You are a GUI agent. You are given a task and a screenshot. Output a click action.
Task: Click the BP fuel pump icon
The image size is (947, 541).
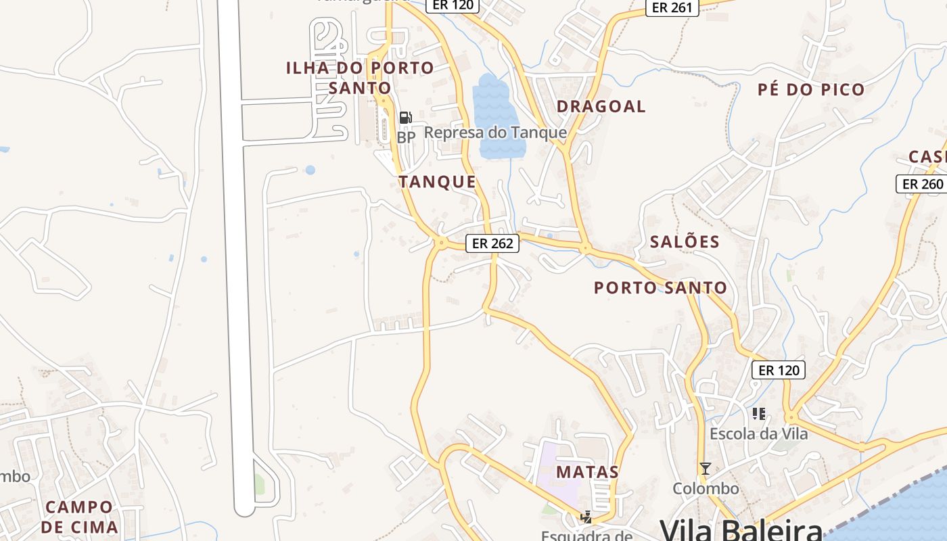tap(405, 118)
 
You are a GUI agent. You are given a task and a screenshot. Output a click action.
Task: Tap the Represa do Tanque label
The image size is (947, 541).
tap(495, 133)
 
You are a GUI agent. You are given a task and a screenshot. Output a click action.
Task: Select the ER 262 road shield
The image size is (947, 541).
tap(492, 243)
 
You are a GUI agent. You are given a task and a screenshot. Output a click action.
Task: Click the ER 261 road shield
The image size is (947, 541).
tap(672, 7)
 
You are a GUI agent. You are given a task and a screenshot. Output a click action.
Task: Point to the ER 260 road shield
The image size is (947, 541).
tap(922, 184)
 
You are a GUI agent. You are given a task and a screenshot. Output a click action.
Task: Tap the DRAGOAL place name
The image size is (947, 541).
tap(601, 106)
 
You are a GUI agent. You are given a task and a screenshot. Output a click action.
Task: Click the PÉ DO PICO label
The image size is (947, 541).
tap(811, 89)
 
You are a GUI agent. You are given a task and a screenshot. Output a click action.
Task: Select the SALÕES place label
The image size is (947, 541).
tap(685, 241)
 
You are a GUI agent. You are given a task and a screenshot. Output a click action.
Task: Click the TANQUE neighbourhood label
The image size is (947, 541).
tap(437, 182)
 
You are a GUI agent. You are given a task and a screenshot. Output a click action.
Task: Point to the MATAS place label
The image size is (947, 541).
tap(587, 472)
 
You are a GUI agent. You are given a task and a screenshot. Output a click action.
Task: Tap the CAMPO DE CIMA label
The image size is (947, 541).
tap(80, 517)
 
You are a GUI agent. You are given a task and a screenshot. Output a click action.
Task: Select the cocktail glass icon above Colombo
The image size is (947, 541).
tap(706, 468)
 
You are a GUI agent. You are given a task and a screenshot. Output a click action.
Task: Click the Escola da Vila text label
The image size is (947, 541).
tap(758, 433)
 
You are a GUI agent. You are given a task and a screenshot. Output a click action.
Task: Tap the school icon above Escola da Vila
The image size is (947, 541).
tap(758, 413)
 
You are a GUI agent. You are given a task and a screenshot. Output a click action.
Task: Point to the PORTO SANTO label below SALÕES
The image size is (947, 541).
tap(660, 288)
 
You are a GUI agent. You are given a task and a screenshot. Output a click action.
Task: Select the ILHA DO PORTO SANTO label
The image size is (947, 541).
tap(360, 77)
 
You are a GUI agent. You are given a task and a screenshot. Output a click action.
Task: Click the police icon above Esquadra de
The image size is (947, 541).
tap(586, 517)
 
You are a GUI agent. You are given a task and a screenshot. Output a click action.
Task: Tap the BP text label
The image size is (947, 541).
tap(406, 137)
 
